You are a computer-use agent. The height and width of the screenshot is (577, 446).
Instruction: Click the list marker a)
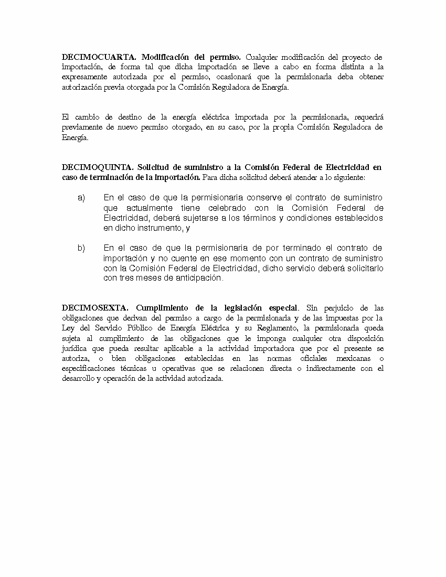(x=81, y=198)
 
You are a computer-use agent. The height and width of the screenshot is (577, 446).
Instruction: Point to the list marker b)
(x=81, y=248)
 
